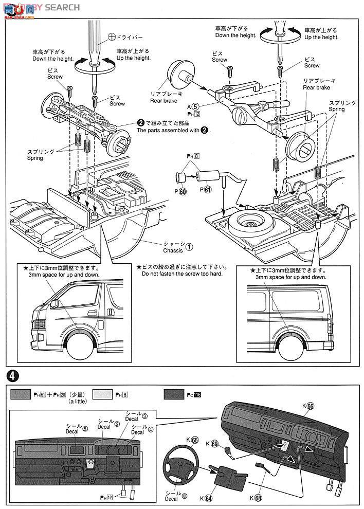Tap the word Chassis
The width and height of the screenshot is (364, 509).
point(173,250)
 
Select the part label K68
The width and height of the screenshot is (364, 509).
point(256,497)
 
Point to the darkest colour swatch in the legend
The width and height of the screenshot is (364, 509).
point(176,395)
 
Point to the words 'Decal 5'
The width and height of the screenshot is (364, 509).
point(75,429)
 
